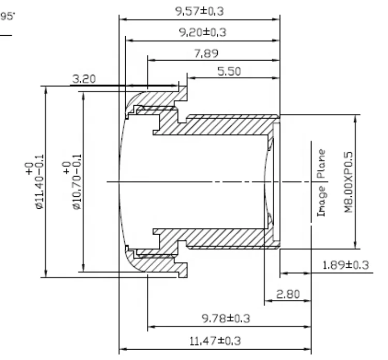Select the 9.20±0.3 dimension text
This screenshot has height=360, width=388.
pos(203,32)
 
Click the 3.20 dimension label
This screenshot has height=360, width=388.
pos(84,79)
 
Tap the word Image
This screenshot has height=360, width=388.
pos(321,201)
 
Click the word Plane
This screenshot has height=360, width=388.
pos(321,164)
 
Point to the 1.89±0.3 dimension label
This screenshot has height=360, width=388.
pos(345,265)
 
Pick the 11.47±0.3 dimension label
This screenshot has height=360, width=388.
pos(215,341)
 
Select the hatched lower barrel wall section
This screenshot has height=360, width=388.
pos(228,238)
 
